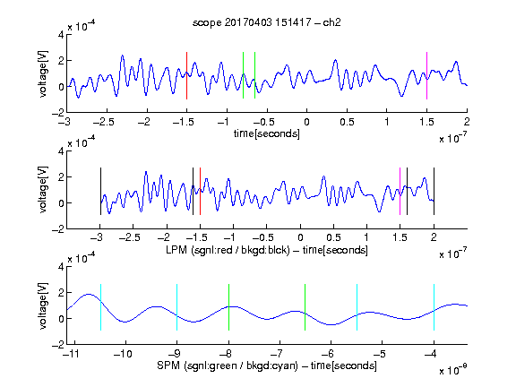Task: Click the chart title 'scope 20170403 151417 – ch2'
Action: point(267,22)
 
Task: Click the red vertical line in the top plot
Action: point(186,75)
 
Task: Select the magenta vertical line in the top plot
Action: point(426,75)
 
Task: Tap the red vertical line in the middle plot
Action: point(200,191)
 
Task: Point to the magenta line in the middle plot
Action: point(400,191)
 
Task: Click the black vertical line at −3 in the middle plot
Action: point(100,191)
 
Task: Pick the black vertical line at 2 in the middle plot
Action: point(434,191)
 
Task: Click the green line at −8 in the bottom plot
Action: point(228,307)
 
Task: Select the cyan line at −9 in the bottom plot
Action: point(177,307)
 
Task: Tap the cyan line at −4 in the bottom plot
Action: point(434,307)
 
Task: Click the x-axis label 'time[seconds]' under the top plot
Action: point(267,133)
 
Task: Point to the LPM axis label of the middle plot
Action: point(267,250)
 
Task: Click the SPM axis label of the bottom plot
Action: point(267,365)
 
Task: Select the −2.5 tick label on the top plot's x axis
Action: point(104,122)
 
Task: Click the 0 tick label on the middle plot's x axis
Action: point(300,237)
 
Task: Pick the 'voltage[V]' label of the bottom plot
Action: point(43,305)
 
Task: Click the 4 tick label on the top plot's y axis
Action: point(61,35)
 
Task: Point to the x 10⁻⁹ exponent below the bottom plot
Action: point(452,370)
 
